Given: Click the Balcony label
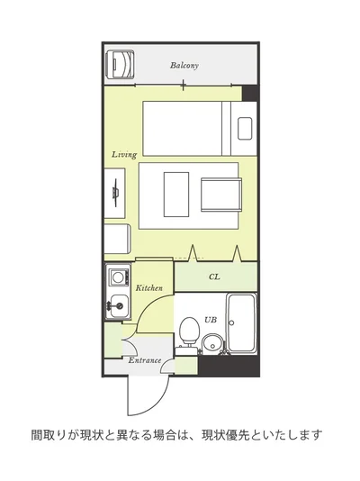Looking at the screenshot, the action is point(184,66).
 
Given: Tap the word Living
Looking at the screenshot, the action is point(124,155).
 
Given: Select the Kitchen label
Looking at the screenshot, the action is point(148,288).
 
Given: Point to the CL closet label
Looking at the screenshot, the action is point(214,277).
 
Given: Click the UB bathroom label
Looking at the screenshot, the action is point(211,320).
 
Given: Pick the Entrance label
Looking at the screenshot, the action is point(145,360).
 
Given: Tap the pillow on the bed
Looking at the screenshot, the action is point(245,128).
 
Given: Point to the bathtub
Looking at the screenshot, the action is point(242,323).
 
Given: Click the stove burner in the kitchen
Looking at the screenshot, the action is point(118,277).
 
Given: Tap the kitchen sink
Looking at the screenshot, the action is point(119,306).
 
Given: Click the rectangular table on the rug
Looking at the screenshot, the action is point(176,195).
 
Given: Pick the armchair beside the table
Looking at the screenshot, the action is point(221,195).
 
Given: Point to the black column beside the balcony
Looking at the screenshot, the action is point(249,94).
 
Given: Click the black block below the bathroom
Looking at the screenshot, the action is point(229,366).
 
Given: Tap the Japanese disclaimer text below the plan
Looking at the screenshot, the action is point(176,435).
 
